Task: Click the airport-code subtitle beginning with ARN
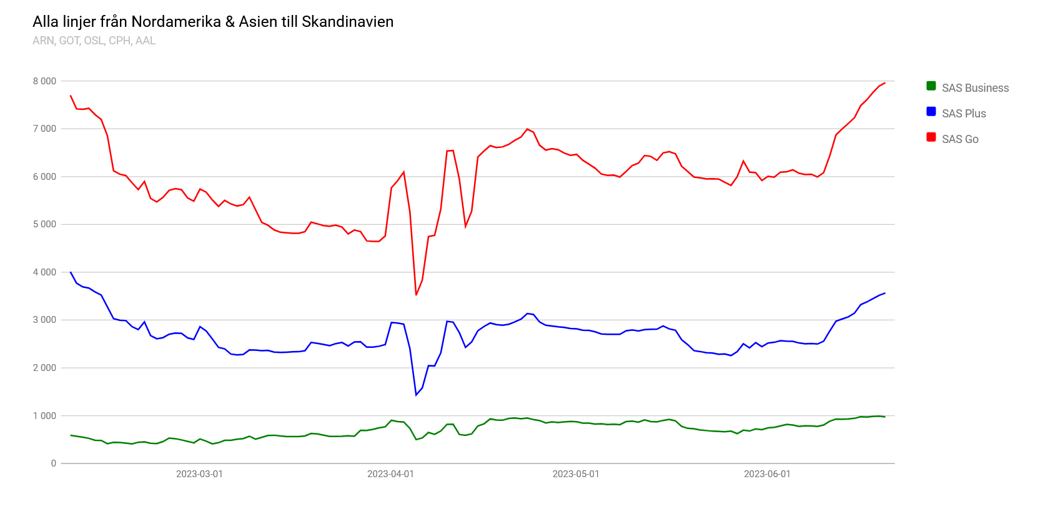(94, 41)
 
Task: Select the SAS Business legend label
(975, 88)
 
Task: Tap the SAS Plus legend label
(964, 114)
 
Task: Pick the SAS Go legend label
(960, 139)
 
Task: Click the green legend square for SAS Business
(931, 86)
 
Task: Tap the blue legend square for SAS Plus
(931, 112)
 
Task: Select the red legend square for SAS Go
(931, 137)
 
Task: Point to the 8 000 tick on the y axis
(44, 81)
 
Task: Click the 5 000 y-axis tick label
(44, 224)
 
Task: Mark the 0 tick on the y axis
(54, 463)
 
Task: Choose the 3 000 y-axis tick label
(44, 320)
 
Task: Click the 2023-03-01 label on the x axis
(199, 474)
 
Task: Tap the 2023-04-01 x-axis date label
(390, 474)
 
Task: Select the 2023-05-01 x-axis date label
(576, 474)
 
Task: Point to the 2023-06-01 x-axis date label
(767, 474)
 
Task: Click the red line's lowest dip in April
(416, 295)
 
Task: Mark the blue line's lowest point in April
(416, 395)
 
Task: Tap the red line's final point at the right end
(884, 83)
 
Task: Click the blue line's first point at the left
(71, 272)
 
